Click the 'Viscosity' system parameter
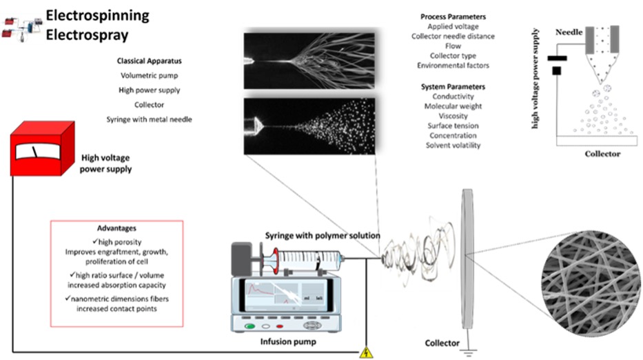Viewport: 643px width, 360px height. pyautogui.click(x=453, y=116)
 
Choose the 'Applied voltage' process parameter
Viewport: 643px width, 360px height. pyautogui.click(x=452, y=26)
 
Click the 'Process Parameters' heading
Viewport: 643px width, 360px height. pyautogui.click(x=452, y=17)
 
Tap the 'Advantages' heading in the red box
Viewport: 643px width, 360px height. pyautogui.click(x=116, y=228)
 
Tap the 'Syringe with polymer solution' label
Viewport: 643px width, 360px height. pyautogui.click(x=323, y=236)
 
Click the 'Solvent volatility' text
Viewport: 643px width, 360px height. pyautogui.click(x=453, y=146)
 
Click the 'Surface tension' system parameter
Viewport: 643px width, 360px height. pyautogui.click(x=453, y=126)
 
